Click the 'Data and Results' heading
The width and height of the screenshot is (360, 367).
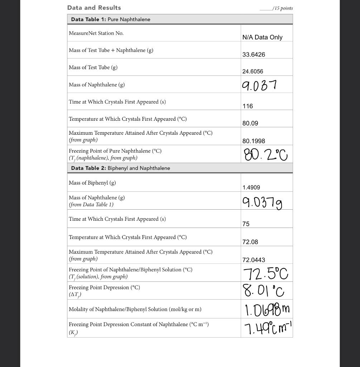point(94,8)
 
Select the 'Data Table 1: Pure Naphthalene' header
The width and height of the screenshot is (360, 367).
point(110,19)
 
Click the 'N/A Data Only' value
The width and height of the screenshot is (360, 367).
point(262,37)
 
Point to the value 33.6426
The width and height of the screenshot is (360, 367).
point(254,54)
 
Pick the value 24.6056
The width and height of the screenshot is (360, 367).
point(253,71)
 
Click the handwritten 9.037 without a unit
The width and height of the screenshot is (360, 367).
point(259,85)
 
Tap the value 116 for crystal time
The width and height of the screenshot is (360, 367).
point(248,106)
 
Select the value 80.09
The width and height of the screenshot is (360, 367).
point(250,123)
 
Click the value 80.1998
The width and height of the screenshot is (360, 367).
point(254,141)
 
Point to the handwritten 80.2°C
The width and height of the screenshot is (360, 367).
point(265,155)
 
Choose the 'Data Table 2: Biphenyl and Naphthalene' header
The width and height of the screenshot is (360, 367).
point(120,168)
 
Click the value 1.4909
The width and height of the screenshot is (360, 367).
point(251,187)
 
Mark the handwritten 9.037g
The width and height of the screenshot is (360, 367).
point(262,202)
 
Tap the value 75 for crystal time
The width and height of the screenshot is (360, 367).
point(246,224)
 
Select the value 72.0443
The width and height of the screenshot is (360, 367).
point(254,260)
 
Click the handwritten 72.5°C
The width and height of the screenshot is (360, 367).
point(265,274)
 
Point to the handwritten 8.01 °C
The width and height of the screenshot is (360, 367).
point(264,291)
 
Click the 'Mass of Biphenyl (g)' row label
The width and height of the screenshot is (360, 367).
point(92,183)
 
